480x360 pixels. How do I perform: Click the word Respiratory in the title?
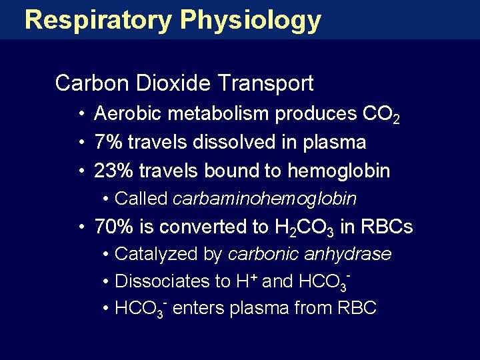tap(97, 20)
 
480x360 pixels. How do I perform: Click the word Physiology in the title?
tap(251, 20)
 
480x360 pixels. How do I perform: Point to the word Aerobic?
tap(129, 114)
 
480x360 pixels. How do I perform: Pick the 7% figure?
tap(109, 143)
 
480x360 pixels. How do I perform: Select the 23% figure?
tap(114, 171)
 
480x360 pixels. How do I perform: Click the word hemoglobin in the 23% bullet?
tap(339, 171)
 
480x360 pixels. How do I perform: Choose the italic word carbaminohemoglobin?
tap(265, 199)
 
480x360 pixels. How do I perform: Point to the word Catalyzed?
tap(151, 254)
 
